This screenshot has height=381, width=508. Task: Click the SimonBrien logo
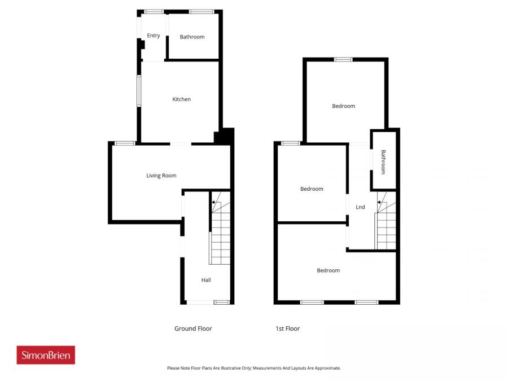(46, 355)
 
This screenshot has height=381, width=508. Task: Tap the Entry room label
(154, 36)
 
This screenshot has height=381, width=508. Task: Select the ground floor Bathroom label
(192, 37)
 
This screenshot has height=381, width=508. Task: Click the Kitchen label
(181, 99)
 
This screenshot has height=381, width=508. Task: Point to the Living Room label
(161, 176)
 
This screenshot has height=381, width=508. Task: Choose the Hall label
(206, 280)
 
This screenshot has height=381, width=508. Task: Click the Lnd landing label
(360, 207)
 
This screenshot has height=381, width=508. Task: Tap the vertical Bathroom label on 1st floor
(383, 161)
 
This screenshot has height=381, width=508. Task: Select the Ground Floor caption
(193, 329)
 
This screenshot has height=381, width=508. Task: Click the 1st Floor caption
(287, 329)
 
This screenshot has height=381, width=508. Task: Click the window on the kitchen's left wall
(139, 91)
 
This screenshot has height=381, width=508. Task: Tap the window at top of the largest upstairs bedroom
(343, 59)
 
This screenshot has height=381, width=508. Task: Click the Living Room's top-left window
(125, 143)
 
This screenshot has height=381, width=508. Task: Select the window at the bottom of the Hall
(221, 303)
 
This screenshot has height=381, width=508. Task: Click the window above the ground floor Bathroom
(202, 11)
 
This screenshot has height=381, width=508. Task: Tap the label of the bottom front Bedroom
(328, 270)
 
